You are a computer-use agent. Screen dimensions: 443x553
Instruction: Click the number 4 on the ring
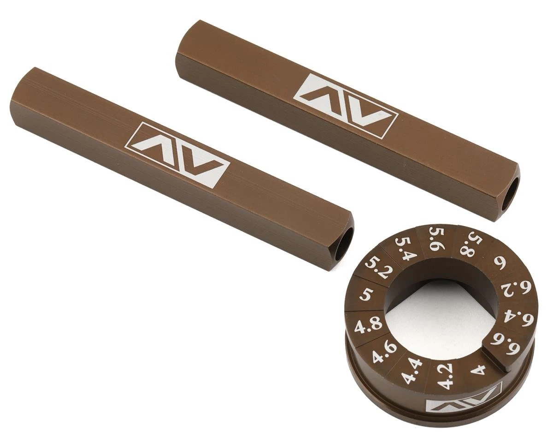coord(478,370)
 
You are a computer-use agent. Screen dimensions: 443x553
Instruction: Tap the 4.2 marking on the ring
coord(444,376)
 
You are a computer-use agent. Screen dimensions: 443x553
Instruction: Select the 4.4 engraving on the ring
coord(412,370)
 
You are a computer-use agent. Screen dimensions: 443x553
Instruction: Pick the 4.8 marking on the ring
coord(368,325)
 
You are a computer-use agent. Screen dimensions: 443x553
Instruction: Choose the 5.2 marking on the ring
coord(377,268)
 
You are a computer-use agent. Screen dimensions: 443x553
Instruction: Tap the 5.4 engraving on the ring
coord(404,248)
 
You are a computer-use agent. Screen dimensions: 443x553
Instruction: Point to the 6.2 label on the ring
coord(516,290)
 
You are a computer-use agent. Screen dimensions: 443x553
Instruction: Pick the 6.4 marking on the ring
coord(518,317)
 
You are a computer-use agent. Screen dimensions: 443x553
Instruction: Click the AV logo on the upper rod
coord(345,106)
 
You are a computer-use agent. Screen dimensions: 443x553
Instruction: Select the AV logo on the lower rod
coord(177,155)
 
